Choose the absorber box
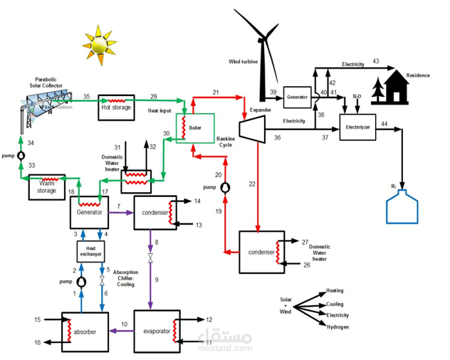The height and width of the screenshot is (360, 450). tap(85, 332)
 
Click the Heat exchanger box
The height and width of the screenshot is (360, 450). tap(90, 250)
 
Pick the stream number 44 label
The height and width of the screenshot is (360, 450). tap(384, 125)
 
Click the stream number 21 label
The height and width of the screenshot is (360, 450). tap(216, 92)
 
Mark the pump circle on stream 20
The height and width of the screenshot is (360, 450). tap(226, 187)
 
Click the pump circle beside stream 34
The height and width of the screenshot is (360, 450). tap(21, 156)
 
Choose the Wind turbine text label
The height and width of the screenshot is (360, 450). tap(243, 62)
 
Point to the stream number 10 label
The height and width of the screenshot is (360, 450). tap(124, 325)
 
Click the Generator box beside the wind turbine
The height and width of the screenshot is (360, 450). tap(297, 96)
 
